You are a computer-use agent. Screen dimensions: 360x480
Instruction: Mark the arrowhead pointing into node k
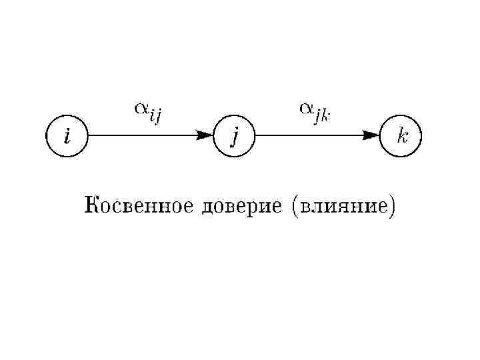pyautogui.click(x=371, y=136)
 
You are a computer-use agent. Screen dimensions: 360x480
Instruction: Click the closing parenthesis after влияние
pyautogui.click(x=392, y=206)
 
